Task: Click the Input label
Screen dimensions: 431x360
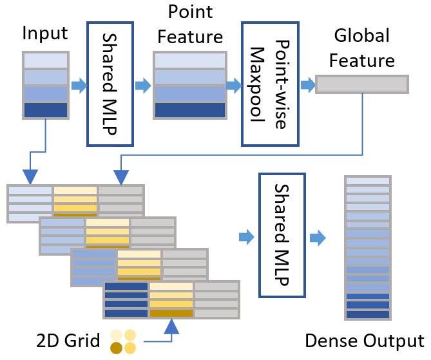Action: coord(45,33)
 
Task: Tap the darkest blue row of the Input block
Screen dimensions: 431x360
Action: coord(46,110)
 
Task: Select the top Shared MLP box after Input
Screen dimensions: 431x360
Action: coord(110,84)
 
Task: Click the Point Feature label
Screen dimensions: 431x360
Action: coord(190,24)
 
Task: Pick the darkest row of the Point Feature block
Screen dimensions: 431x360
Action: coord(190,110)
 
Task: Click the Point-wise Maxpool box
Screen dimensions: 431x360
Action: coord(270,84)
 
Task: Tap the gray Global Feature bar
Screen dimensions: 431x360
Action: coord(362,84)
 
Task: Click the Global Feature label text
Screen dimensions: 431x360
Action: coord(362,48)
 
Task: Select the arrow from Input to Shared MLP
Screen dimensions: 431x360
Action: coord(79,86)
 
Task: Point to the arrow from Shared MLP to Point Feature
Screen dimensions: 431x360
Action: coord(143,86)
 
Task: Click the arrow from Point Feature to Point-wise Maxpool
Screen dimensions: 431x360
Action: coord(234,86)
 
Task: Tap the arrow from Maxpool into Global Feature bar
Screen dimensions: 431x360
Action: coord(308,85)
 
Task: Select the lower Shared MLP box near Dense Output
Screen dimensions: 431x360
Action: coord(282,235)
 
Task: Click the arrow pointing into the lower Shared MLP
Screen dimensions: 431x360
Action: coord(247,237)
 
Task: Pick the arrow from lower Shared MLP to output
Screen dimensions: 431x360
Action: coord(318,238)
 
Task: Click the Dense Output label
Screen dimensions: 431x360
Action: coord(365,341)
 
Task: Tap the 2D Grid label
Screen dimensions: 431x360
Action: coord(68,341)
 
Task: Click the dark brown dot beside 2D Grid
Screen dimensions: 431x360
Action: coord(116,348)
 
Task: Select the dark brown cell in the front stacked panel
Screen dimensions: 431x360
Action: coord(171,313)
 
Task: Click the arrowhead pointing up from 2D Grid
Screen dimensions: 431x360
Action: coord(171,327)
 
